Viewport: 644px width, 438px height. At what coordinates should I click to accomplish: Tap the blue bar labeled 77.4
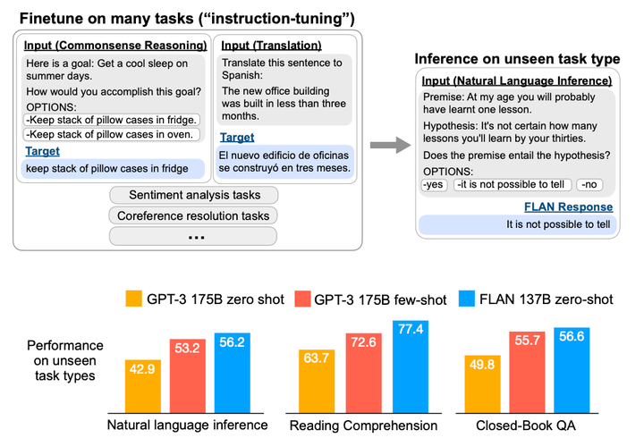coord(411,365)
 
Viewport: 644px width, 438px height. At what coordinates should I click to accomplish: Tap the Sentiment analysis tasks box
coord(193,196)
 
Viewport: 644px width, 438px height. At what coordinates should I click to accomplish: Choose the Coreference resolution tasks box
coord(193,215)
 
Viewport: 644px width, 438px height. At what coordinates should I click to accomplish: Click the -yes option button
coord(434,185)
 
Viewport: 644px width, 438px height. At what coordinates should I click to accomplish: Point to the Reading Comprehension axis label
coord(367,423)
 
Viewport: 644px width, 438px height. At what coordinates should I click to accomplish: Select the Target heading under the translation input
coord(237,138)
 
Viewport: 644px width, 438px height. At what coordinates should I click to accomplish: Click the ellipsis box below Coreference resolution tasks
coord(193,236)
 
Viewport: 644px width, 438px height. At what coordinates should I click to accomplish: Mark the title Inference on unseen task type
coord(516,60)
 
